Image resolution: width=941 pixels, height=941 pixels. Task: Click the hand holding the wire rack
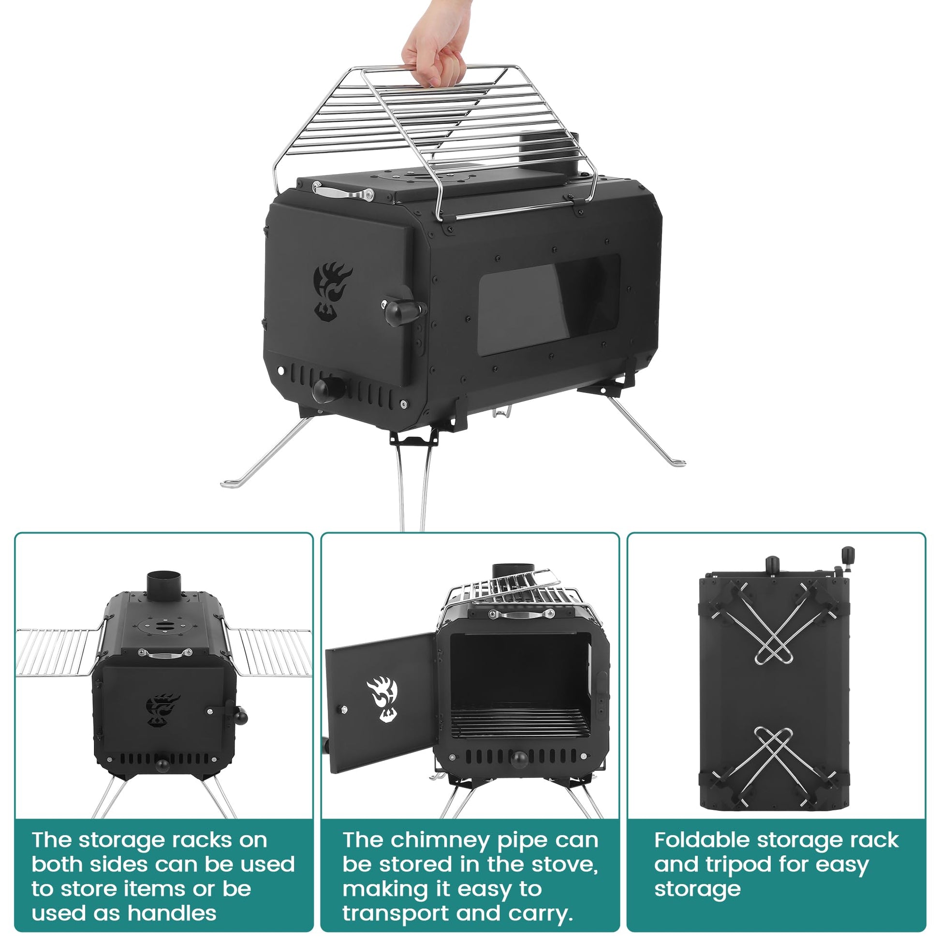coord(433,46)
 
